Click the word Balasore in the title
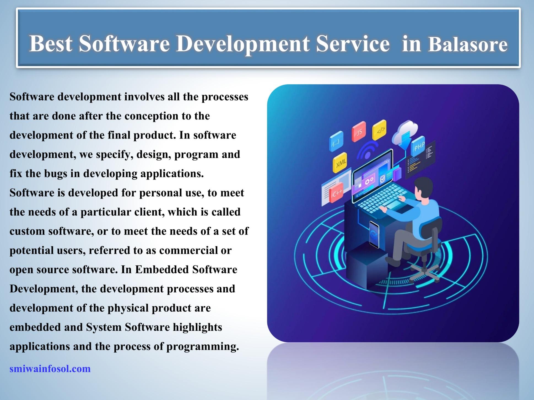[467, 44]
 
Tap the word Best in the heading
[51, 43]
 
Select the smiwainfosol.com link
[50, 369]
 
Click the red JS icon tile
[359, 132]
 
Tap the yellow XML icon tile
[340, 163]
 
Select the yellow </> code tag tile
[380, 130]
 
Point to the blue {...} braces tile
[336, 142]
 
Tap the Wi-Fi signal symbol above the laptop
[367, 151]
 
